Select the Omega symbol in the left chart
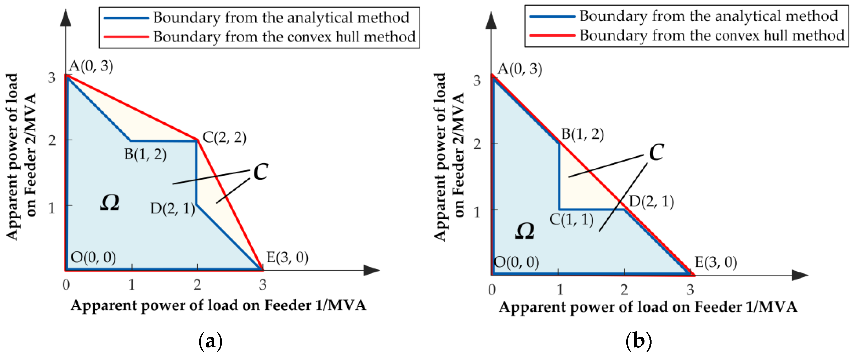click(x=110, y=203)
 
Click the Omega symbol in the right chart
click(x=525, y=231)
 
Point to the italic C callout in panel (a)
click(x=261, y=172)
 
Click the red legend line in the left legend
click(x=126, y=37)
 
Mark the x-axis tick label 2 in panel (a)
click(x=197, y=285)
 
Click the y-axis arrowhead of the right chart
click(x=491, y=21)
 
